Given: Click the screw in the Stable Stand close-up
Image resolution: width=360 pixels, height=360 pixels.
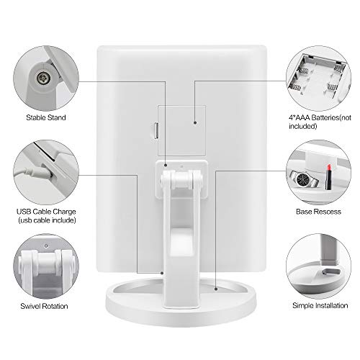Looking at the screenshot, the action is [43, 78].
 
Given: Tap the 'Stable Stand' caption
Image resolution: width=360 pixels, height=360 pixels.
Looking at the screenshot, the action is [46, 117].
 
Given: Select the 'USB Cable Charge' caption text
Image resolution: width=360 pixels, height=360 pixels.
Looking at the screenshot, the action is [46, 212].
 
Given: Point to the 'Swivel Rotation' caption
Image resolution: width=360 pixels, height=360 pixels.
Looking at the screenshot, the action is [44, 306].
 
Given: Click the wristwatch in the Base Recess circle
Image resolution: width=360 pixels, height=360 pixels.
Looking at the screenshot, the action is [304, 179].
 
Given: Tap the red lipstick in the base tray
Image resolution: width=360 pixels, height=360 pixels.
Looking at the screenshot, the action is [328, 177].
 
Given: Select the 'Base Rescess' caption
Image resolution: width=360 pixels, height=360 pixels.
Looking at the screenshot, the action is [318, 212].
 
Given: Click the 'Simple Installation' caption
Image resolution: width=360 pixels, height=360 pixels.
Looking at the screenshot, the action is [320, 305].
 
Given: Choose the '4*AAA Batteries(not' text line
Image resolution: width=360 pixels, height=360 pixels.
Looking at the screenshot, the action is [320, 117].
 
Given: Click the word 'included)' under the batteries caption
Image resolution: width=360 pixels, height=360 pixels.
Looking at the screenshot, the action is [303, 126].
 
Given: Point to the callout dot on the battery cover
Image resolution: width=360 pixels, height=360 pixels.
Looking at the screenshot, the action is [195, 122].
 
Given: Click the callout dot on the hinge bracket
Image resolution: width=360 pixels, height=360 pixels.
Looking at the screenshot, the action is [166, 165].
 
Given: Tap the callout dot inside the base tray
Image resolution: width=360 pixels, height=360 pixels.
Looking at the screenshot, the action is [216, 289].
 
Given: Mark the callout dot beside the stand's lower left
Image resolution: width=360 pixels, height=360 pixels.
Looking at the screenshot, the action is [162, 273].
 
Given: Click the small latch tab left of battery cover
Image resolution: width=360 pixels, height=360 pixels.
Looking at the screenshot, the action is [156, 130].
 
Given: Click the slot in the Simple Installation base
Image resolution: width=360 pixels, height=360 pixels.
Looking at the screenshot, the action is [331, 272].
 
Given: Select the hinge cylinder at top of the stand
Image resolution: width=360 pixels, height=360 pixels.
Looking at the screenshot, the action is [181, 179].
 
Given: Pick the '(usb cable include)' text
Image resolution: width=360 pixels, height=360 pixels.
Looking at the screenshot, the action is [47, 220].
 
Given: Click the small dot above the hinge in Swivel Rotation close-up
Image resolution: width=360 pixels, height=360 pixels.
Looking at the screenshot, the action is [46, 246].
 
